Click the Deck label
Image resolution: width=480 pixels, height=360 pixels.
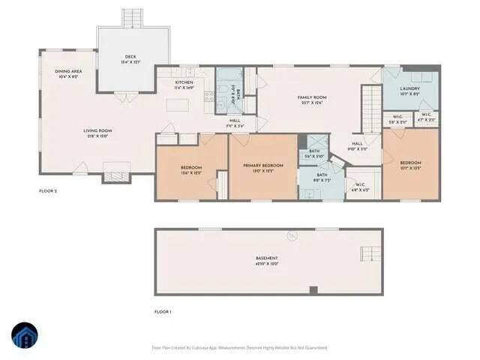130,58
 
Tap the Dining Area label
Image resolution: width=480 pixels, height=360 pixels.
68,73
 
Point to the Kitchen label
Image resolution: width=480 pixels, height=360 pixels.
184,85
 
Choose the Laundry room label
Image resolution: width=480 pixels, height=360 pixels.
409,91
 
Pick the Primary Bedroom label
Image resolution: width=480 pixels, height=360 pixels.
262,167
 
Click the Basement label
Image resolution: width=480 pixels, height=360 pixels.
267,262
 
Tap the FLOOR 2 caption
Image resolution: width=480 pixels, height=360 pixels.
48,191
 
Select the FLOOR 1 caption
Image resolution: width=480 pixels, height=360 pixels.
163,311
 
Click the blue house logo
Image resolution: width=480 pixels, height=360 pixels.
25,336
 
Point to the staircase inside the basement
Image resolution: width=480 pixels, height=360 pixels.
370,253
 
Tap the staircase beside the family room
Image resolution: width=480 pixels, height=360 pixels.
369,107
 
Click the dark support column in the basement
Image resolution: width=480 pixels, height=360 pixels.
313,290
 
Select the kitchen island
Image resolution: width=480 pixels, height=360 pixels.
177,106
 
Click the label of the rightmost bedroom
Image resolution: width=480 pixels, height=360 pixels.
410,165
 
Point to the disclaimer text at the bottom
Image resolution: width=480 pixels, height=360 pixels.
240,347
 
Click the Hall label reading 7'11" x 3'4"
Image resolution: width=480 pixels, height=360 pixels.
235,123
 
